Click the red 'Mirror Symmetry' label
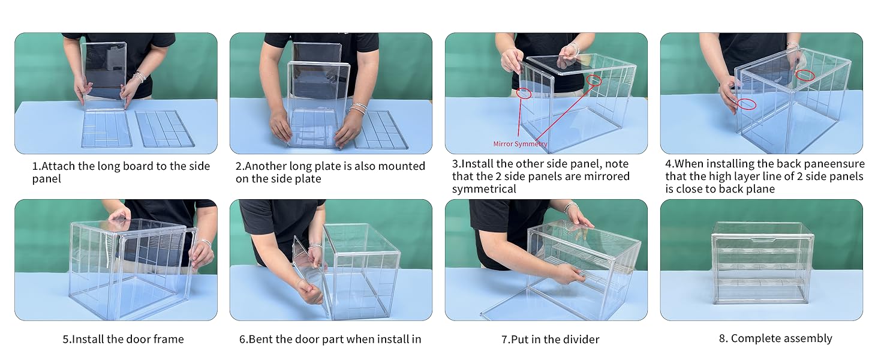(520, 144)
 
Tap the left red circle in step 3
(524, 93)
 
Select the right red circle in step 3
(594, 80)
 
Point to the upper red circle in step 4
(806, 75)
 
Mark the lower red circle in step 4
(747, 104)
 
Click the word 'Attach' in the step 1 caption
(58, 166)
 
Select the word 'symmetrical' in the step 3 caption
(484, 189)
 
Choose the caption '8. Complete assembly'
(775, 338)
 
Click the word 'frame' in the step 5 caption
(169, 340)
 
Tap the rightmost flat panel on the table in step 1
(165, 128)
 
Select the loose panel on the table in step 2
(381, 130)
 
